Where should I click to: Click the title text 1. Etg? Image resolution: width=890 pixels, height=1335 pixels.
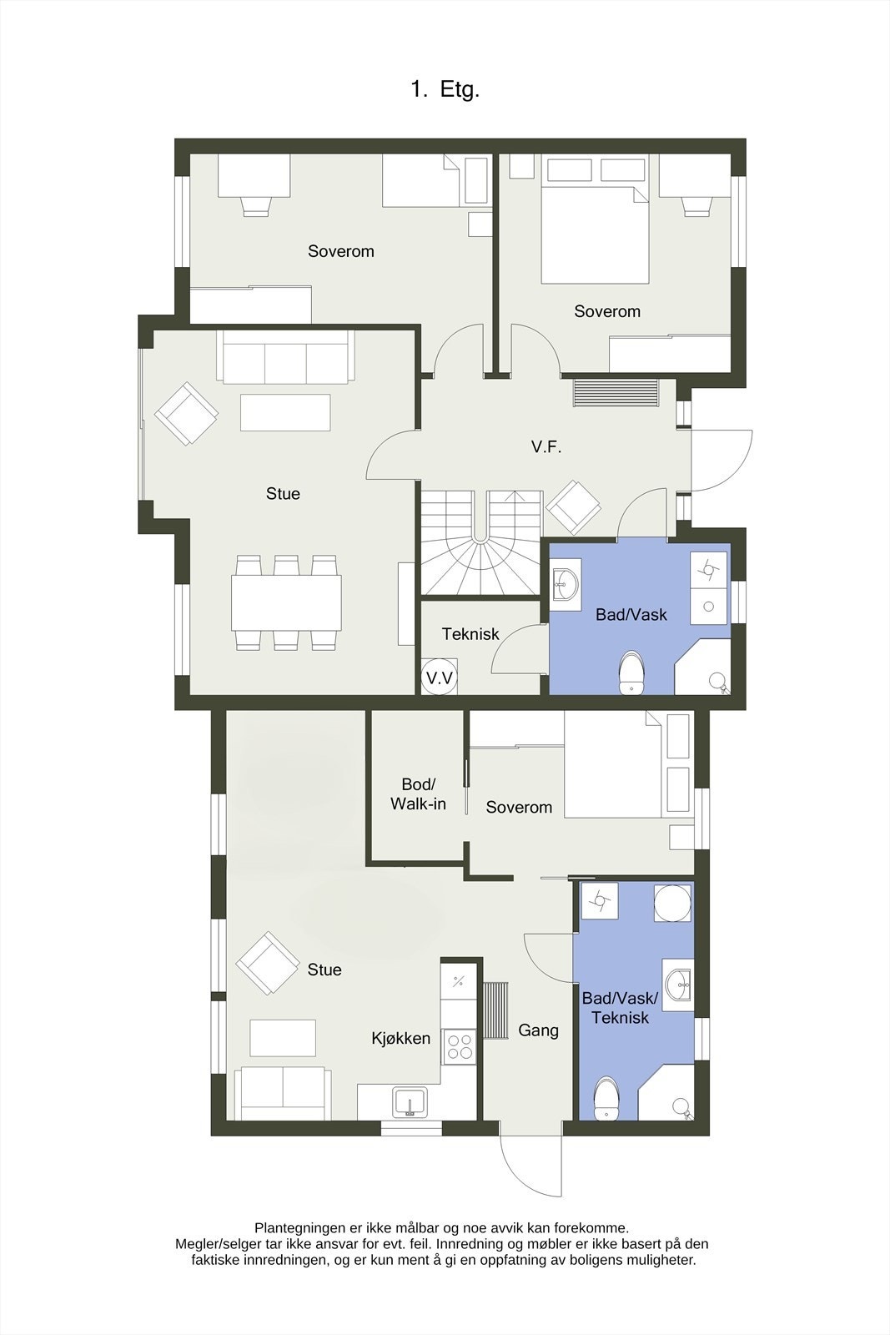[x=445, y=90]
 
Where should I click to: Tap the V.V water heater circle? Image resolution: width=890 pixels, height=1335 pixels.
[x=440, y=678]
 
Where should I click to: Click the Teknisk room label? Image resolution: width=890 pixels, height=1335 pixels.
[x=470, y=634]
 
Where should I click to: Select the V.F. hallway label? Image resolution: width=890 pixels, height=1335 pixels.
[x=546, y=447]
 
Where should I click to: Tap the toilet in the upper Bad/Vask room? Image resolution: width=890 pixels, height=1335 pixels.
[x=632, y=672]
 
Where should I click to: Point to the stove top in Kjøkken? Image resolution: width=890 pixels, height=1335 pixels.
[x=460, y=1045]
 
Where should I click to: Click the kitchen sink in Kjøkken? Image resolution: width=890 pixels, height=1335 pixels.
[x=410, y=1101]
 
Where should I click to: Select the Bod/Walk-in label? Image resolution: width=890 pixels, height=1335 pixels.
[x=418, y=794]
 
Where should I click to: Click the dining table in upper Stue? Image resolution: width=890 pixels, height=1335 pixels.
[x=286, y=602]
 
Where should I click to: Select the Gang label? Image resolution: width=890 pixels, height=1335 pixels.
[x=538, y=1030]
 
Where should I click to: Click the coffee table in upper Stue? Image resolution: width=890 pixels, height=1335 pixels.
[x=285, y=412]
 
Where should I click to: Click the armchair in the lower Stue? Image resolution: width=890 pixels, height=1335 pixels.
[x=267, y=964]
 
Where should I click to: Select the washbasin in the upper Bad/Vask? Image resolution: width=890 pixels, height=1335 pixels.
[x=566, y=584]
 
